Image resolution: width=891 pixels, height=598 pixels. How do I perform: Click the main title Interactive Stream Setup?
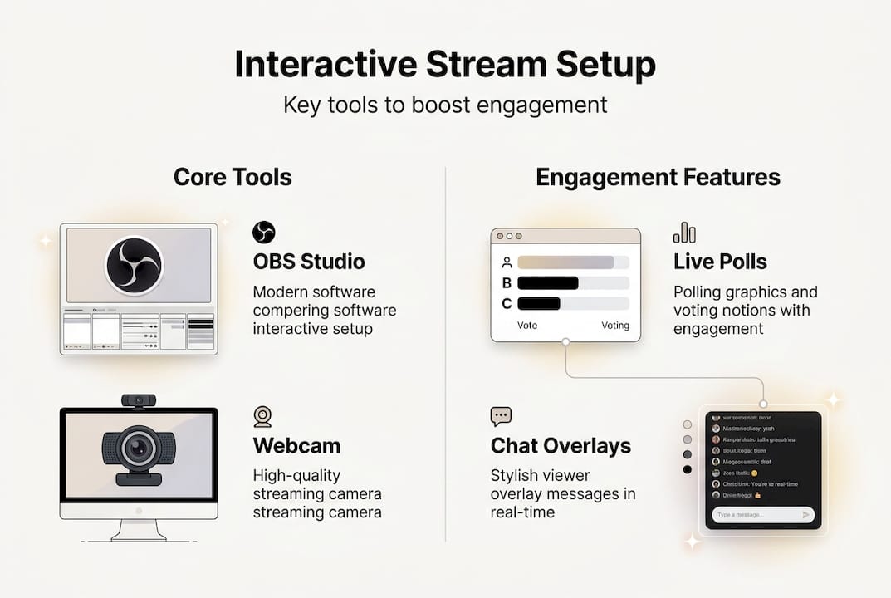(x=445, y=65)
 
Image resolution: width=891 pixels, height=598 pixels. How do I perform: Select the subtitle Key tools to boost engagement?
(x=445, y=105)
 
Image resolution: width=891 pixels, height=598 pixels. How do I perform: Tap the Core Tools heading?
(x=233, y=177)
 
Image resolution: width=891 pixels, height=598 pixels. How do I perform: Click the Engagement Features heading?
(x=658, y=177)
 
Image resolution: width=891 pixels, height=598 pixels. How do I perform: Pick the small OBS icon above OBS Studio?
(x=263, y=232)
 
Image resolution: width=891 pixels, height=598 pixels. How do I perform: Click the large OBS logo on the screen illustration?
(x=135, y=265)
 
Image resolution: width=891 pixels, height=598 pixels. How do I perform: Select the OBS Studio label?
(x=308, y=262)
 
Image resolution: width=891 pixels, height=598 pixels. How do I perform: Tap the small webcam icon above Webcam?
(x=262, y=416)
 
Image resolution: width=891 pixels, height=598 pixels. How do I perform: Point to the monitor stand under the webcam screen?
(x=138, y=529)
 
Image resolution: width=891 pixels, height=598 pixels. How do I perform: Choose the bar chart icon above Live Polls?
(x=684, y=232)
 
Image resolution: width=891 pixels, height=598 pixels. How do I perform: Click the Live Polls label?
(x=720, y=262)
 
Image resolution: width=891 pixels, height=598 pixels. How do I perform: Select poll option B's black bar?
(x=547, y=282)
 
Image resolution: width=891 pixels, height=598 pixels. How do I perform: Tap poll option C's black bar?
(x=538, y=303)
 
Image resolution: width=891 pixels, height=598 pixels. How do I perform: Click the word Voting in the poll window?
(x=614, y=326)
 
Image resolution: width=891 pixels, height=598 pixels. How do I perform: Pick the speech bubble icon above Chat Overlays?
(x=501, y=416)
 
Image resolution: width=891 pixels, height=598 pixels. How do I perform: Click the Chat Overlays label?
(x=561, y=446)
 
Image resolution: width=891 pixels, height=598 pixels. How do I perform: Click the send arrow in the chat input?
(x=805, y=515)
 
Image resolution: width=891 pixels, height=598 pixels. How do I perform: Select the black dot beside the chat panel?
(x=687, y=469)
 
